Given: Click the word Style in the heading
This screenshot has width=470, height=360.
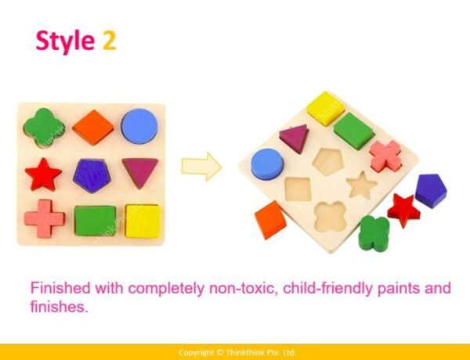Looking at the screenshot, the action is pos(65,41).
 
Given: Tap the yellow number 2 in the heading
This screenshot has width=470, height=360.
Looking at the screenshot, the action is pos(109,40).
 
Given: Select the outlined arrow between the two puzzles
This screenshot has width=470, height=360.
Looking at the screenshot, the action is pos(201,167).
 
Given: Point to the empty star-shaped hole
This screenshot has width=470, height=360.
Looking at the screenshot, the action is pos(360,185).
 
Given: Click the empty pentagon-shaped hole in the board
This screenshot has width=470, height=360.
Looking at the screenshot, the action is pos(328,161).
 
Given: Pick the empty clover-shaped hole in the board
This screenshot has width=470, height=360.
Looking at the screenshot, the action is pos(331,217).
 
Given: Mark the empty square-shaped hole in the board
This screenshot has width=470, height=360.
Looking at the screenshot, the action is pos(298,189).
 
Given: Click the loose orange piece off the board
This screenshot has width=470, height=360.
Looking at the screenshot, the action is pos(270,220).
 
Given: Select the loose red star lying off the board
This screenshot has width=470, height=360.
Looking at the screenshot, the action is pos(403,210).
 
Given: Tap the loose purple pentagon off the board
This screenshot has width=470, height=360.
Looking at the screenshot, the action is pos(431,191).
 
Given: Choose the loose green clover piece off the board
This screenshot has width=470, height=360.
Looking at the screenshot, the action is pos(374,234).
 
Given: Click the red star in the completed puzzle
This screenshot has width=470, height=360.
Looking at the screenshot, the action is pos(43,175).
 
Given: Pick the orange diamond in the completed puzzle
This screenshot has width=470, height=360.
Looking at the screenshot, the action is pos(93,128).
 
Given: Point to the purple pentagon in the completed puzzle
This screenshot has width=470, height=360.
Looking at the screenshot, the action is pos(92,175).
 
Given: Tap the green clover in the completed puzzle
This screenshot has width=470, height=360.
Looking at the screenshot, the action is pos(44,128).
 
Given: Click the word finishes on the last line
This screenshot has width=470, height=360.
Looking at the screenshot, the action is pos(59,307).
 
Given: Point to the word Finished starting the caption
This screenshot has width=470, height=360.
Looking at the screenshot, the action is pos(60,288).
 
